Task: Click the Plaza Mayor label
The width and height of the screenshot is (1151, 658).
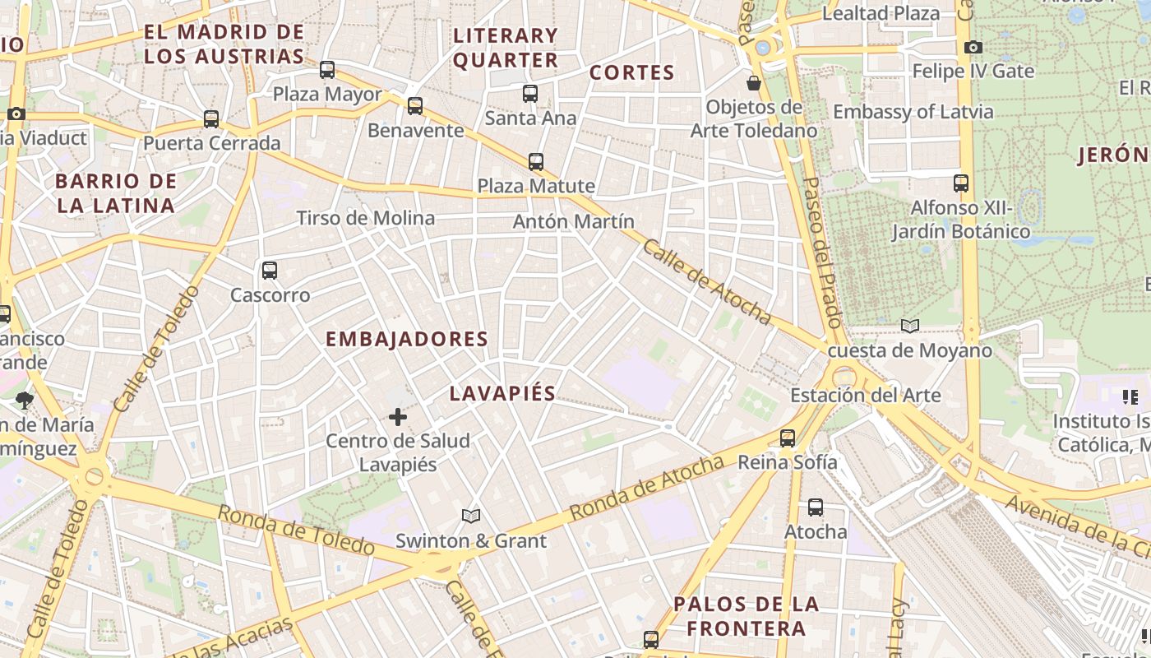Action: coord(327,94)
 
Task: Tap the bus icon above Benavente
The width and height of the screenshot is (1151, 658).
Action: coord(415,105)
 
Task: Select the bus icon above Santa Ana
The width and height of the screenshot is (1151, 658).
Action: coord(530,94)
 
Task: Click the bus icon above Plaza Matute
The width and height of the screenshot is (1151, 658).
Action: coord(536,161)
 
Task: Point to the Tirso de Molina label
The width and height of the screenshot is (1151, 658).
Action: coord(365,218)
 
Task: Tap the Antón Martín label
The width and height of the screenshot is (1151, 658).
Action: coord(574,221)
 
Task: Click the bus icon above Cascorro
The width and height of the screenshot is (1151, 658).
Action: coord(269,270)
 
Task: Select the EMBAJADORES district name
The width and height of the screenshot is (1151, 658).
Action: coord(407,339)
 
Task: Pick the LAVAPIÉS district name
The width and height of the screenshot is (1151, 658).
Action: coord(502,393)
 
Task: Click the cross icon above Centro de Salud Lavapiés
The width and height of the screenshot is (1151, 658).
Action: coord(398,417)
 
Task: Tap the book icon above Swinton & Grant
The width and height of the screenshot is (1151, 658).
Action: coord(471,516)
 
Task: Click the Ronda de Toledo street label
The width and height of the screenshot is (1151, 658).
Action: coord(296,530)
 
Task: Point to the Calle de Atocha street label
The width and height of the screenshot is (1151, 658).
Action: coord(707,281)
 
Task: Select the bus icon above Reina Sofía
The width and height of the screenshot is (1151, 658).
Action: coord(788,438)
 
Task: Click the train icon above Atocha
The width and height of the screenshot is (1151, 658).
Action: coord(816,507)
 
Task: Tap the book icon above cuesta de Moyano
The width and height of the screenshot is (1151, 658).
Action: coord(910,326)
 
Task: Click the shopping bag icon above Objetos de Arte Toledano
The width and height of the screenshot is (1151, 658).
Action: coord(754,83)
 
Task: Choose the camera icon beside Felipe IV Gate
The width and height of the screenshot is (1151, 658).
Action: coord(973,47)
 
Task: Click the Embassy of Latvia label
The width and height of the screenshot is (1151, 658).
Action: coord(913,111)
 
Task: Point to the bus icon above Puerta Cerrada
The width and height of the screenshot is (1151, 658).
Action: coord(211,119)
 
